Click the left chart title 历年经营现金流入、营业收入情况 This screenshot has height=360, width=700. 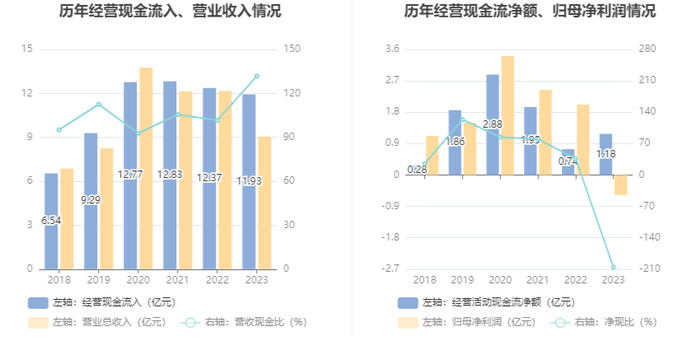[170, 11]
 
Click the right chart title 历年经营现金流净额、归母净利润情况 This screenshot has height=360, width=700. [530, 11]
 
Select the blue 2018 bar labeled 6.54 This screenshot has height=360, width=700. [51, 221]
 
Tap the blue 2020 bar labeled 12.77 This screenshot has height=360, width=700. [130, 176]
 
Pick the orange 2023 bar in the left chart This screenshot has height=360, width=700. [265, 203]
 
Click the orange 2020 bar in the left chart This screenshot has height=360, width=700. [146, 168]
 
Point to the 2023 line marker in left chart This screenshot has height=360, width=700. [257, 76]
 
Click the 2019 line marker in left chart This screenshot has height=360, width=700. [99, 105]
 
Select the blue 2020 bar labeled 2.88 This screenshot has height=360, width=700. [493, 125]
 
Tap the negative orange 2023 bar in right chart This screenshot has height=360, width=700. [621, 185]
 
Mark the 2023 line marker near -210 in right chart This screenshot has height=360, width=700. [613, 267]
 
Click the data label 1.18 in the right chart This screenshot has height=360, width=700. [606, 154]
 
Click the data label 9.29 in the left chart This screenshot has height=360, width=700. [91, 200]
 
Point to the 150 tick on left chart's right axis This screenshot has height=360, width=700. [292, 48]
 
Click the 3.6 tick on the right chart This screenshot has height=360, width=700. [392, 48]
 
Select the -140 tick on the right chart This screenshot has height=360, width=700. [650, 237]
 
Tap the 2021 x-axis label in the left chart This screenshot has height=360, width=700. [177, 280]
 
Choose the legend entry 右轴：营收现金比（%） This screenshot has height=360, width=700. [244, 322]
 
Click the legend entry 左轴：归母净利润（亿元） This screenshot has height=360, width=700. [467, 322]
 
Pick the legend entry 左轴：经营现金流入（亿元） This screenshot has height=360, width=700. [102, 302]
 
